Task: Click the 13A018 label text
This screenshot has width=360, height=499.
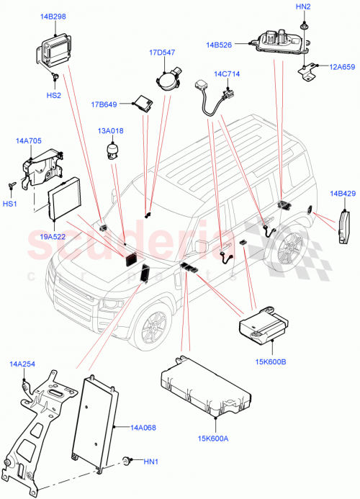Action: (x=112, y=131)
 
